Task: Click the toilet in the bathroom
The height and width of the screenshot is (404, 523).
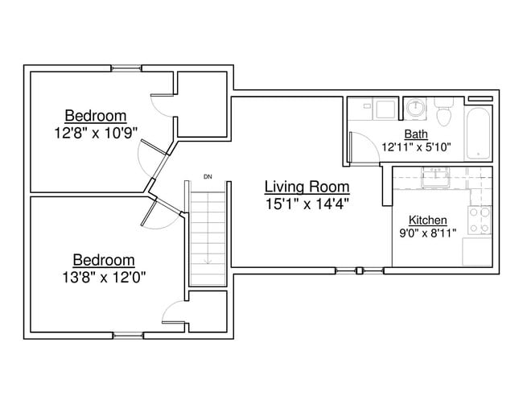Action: tap(444, 111)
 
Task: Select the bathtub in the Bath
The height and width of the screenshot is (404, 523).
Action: tap(478, 133)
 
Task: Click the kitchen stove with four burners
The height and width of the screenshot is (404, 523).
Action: tap(480, 220)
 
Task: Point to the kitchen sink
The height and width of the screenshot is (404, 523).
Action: tap(435, 177)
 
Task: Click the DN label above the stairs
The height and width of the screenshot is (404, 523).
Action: tap(208, 177)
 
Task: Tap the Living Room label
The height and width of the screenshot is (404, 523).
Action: tap(307, 187)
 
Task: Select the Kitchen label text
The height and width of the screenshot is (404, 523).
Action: tap(428, 221)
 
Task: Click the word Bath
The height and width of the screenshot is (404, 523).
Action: tap(416, 134)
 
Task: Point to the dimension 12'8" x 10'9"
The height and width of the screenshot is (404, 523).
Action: tap(96, 133)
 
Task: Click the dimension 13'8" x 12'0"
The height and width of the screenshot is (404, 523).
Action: tap(104, 277)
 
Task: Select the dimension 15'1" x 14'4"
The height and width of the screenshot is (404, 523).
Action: tap(307, 204)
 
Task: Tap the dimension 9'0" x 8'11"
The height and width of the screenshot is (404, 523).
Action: tap(428, 233)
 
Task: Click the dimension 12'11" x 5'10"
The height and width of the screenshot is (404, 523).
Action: tap(416, 146)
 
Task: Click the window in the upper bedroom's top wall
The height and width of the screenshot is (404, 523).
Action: tap(126, 68)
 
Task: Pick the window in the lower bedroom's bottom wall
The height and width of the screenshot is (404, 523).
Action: tap(129, 336)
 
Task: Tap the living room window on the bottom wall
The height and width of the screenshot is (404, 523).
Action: tap(360, 270)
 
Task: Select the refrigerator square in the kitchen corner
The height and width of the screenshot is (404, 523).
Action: tap(477, 252)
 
